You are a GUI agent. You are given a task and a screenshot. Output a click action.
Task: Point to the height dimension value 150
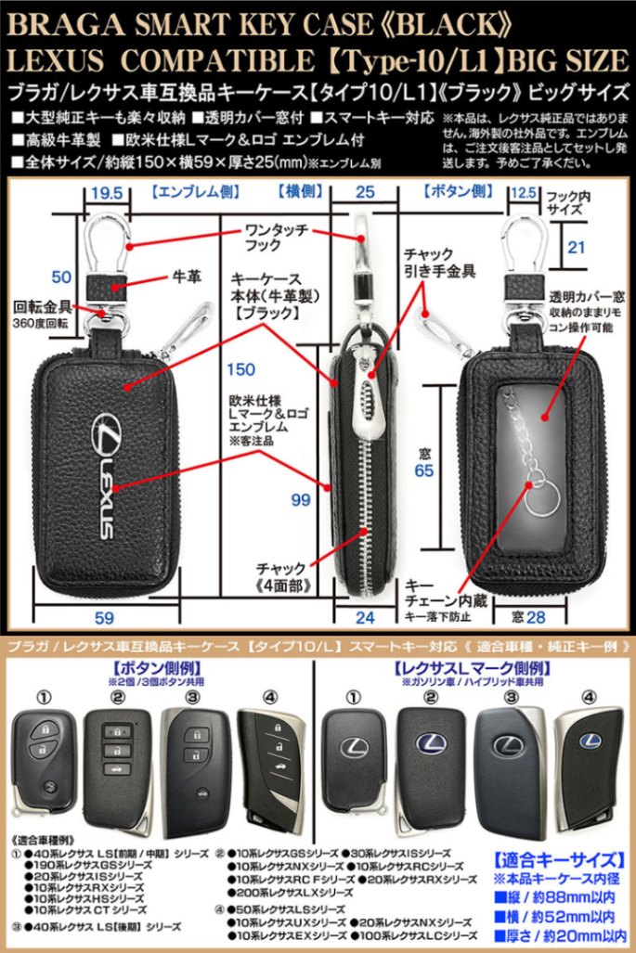point(240,369)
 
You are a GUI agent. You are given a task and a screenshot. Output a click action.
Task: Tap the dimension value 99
point(299,500)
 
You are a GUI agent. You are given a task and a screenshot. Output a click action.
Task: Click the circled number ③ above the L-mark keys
point(510,696)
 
